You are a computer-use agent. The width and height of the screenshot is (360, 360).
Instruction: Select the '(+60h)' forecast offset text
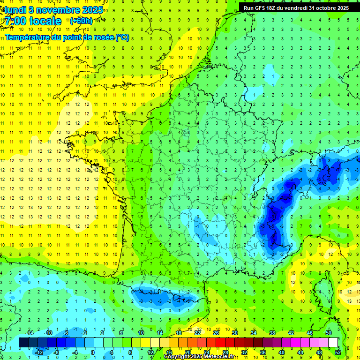coord(81,21)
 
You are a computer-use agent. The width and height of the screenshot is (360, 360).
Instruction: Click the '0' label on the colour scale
coord(93,352)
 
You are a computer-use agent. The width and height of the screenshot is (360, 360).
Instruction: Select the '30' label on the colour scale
coord(234,333)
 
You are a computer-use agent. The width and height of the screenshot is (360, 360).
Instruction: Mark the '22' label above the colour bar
coord(197,333)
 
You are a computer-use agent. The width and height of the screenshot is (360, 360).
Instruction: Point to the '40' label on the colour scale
coord(281,352)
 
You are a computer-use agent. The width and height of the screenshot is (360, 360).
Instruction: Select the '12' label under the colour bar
coord(150,352)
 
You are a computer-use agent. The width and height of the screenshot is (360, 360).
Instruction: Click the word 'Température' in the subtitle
coord(26,37)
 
